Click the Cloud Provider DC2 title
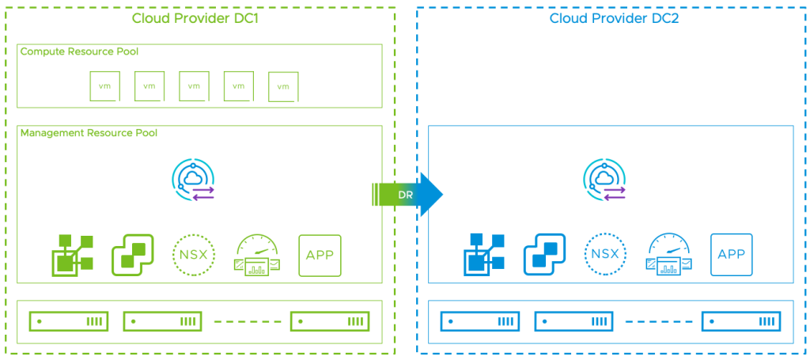[x=614, y=18]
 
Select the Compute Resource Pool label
[x=79, y=51]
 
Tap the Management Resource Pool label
[x=89, y=133]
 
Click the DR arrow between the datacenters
[x=407, y=194]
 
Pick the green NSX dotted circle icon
[x=192, y=255]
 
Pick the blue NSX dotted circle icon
[x=605, y=255]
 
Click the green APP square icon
[x=320, y=255]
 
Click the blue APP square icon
[x=732, y=255]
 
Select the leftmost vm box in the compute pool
[x=104, y=85]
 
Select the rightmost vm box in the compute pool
[x=283, y=86]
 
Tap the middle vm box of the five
[x=194, y=85]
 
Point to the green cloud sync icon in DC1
[x=194, y=180]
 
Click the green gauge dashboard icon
[x=256, y=255]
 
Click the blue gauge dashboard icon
[x=669, y=255]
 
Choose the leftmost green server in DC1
[x=68, y=321]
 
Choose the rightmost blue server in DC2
[x=741, y=321]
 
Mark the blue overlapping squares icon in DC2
[x=543, y=255]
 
